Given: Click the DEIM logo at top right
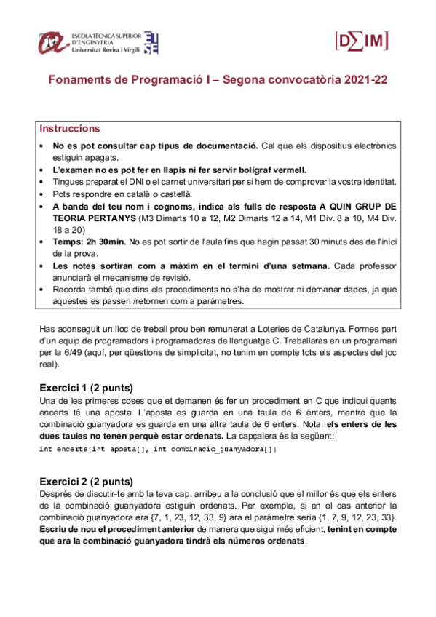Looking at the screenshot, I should pyautogui.click(x=361, y=41).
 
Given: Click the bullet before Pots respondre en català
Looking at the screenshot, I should pyautogui.click(x=42, y=194).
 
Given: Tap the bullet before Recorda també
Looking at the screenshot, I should pyautogui.click(x=42, y=289).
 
